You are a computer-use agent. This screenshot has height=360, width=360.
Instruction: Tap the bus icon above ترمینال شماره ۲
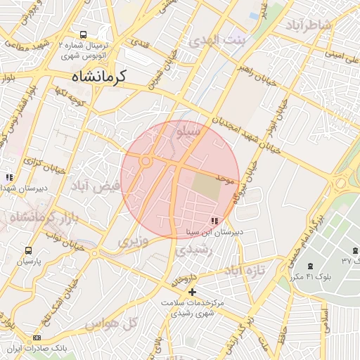point(84,34)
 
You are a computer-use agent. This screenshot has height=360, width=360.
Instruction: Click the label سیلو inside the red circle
point(191,131)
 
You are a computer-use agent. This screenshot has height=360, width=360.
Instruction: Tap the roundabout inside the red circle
point(146,162)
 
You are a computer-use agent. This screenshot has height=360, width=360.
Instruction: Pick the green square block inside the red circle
point(206,186)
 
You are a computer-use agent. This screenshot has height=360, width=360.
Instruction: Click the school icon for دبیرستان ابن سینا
point(214,221)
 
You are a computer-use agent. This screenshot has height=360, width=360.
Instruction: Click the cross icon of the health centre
point(192,292)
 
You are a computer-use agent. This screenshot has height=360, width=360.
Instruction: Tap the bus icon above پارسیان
point(29,250)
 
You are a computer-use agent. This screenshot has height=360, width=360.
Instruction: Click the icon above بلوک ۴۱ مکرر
point(311,266)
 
